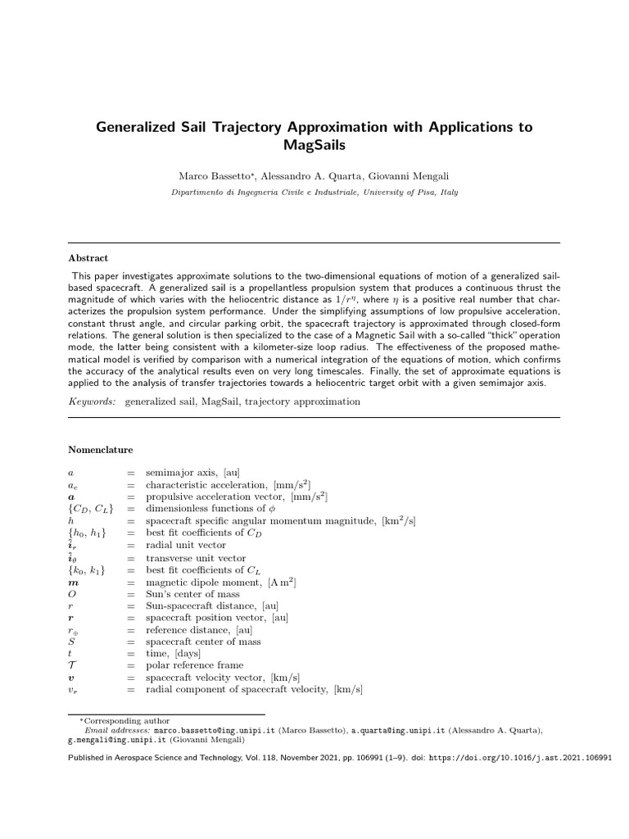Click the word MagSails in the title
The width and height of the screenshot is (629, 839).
[x=314, y=145]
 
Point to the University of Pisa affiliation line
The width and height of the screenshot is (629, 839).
[x=314, y=193]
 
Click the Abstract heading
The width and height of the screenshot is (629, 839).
[x=88, y=257]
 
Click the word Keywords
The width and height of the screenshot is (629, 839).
[x=92, y=401]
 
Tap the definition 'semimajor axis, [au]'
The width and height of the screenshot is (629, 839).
[x=191, y=474]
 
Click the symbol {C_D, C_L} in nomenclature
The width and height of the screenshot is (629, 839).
[x=91, y=510]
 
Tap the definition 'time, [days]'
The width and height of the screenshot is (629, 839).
[x=172, y=654]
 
